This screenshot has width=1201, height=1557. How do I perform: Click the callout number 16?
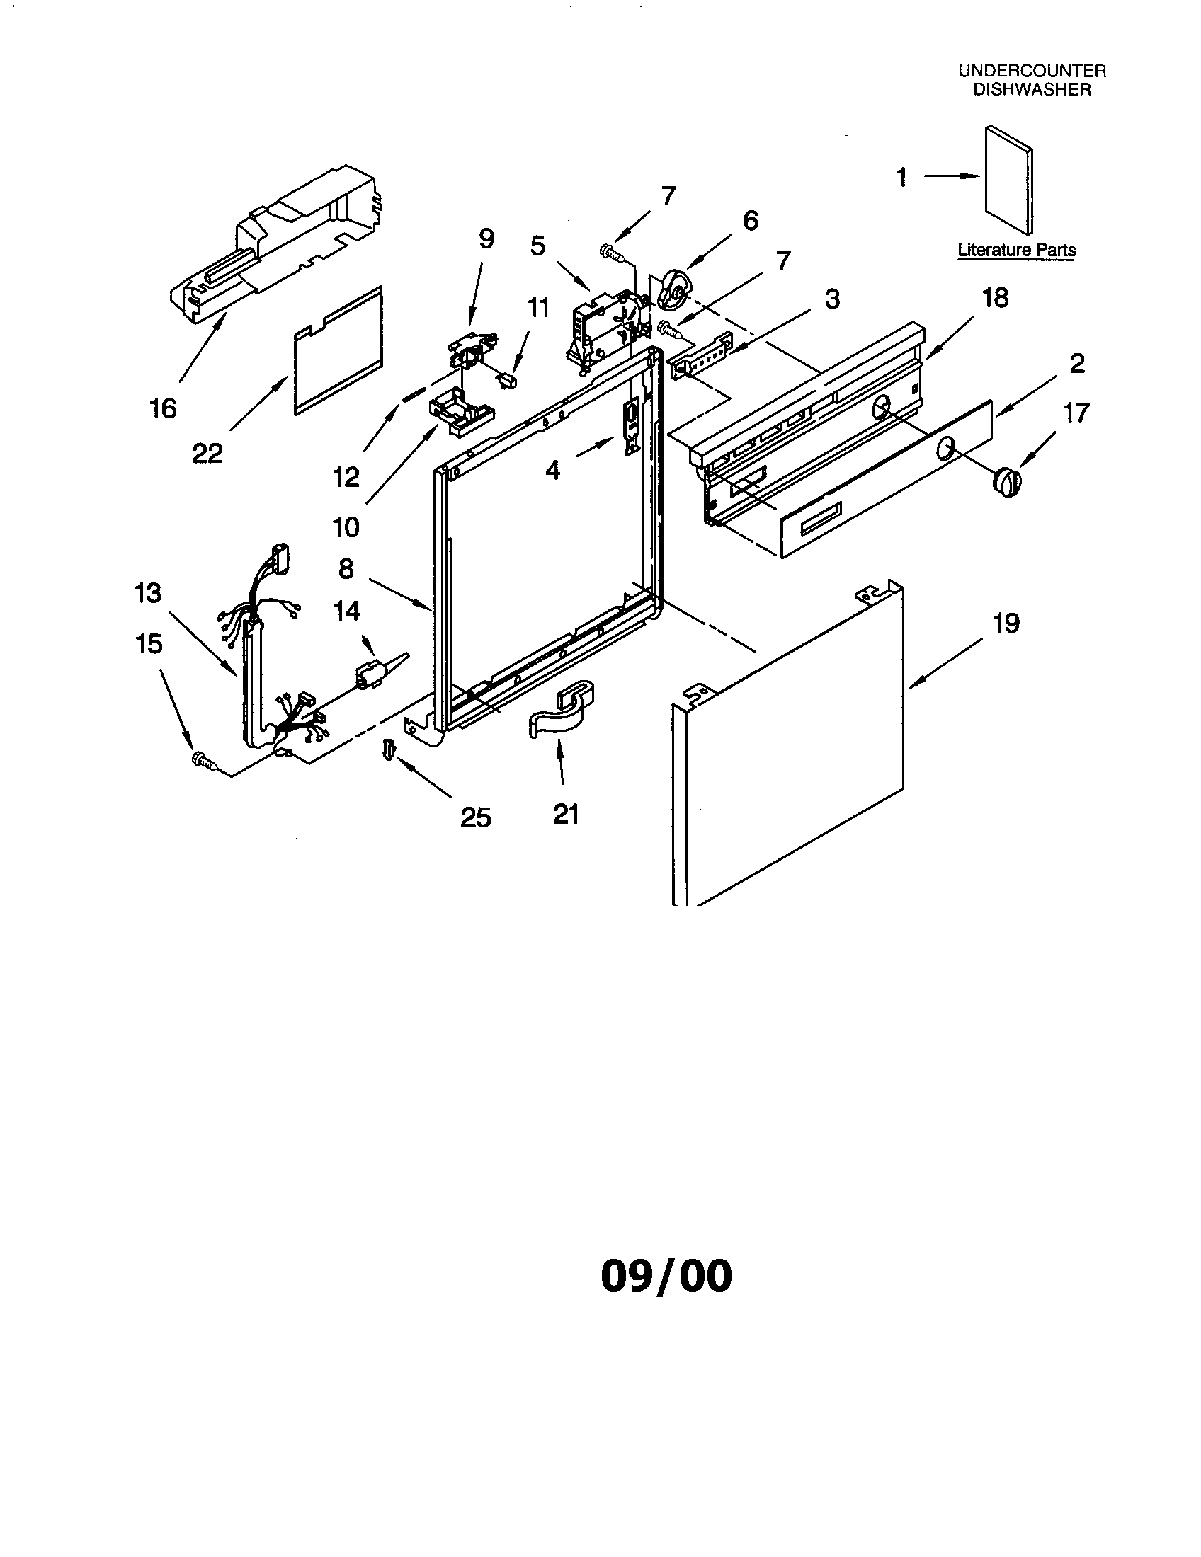click(163, 408)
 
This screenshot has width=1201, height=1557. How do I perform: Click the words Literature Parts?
click(1015, 251)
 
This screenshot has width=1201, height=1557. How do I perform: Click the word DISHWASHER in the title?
click(1032, 90)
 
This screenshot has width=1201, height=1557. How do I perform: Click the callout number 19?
click(1006, 623)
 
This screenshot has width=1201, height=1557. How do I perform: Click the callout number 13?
click(148, 593)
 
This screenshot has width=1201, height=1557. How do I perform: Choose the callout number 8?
click(345, 569)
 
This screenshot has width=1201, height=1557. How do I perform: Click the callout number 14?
click(347, 611)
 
